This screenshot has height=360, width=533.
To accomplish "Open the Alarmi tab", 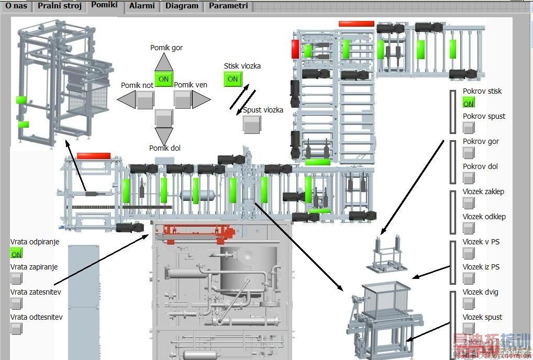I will (142, 6).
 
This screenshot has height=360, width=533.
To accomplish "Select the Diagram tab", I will (182, 6).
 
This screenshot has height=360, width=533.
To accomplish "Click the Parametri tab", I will (228, 6).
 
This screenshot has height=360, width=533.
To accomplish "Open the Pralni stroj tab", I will (60, 6).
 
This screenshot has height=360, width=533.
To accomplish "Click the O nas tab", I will (16, 6).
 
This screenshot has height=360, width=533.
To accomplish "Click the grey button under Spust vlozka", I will (252, 123).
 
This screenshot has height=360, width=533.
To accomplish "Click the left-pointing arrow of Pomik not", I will (126, 99).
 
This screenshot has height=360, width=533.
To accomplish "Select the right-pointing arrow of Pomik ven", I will (201, 99).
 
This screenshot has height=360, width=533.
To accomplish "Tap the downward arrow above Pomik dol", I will (164, 136).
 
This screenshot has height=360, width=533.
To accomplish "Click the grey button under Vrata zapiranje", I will (16, 278).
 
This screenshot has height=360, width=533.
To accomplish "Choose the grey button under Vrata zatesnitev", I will (16, 303).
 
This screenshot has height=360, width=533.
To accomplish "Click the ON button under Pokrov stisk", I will (469, 103).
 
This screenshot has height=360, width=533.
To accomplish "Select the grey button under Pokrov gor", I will (469, 153).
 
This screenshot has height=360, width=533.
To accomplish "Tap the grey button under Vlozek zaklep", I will (469, 203).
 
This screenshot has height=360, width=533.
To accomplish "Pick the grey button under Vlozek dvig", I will (469, 303).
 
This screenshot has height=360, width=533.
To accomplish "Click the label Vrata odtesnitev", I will (36, 317).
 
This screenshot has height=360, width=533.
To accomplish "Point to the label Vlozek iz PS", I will (481, 267).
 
